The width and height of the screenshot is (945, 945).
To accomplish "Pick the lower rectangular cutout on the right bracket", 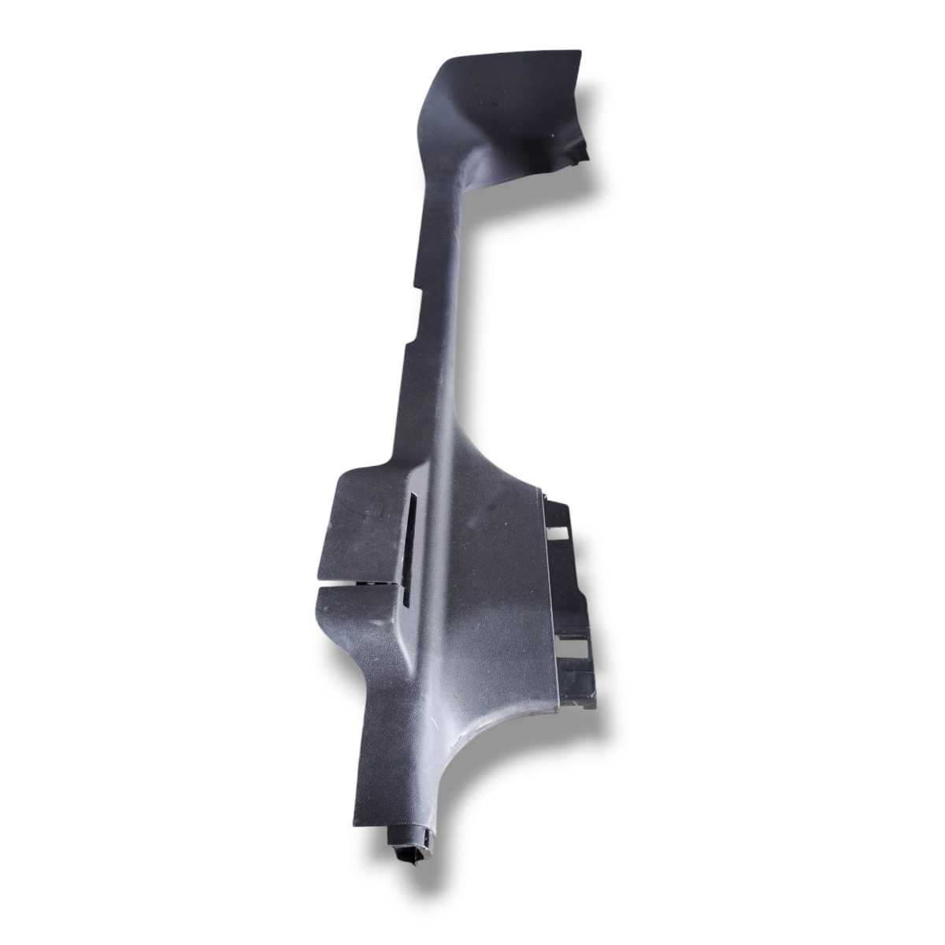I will click(573, 648).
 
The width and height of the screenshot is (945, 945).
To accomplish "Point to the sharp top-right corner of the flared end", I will click(580, 52).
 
